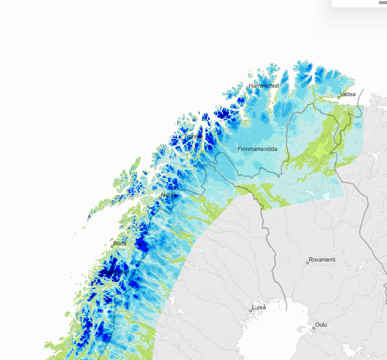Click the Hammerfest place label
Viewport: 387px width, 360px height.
coord(264,86)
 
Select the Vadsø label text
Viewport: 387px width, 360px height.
coord(348,94)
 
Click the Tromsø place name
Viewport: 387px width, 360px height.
coord(193,136)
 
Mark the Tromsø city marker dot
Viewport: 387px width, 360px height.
coord(182,139)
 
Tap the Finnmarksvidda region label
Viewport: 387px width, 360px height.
coord(257,149)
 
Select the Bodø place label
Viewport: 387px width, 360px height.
coord(120,243)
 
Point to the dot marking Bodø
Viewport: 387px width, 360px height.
coord(111,246)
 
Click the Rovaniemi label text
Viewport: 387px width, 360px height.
coord(322,259)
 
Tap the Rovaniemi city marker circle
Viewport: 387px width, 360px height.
coord(308,262)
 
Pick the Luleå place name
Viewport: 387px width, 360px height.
coord(259,307)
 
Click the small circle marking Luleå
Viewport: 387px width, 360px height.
coord(251,311)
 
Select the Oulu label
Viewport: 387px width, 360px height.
coord(321,325)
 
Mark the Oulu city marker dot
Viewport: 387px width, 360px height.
coord(314,328)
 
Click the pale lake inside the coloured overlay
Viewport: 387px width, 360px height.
coord(326,195)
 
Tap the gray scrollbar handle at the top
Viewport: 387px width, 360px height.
coord(383,3)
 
